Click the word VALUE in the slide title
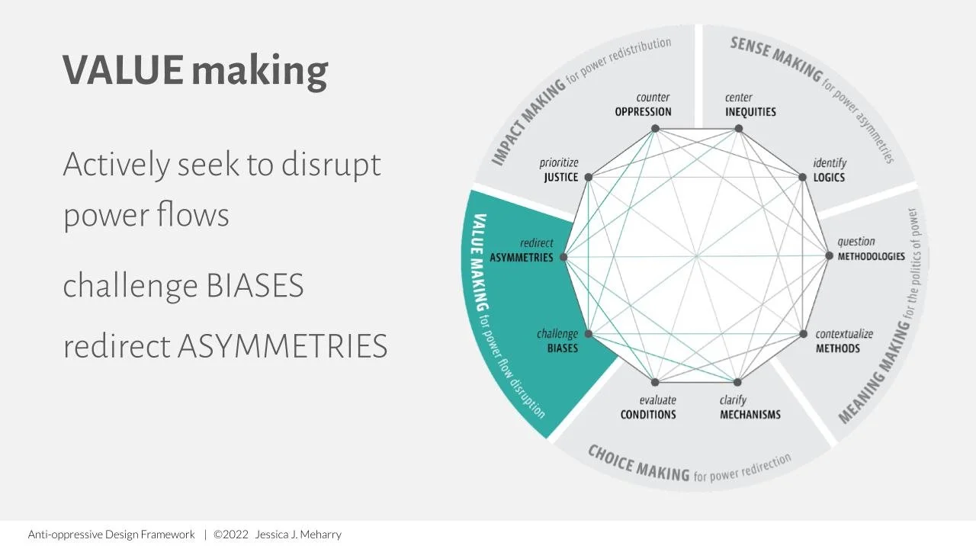tap(123, 69)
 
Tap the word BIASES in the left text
tap(255, 286)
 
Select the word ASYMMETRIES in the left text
tap(282, 346)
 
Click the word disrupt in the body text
tap(331, 164)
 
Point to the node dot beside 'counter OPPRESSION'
tap(655, 129)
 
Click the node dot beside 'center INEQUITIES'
tap(738, 129)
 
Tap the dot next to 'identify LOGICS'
tap(803, 178)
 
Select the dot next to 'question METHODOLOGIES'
tap(830, 256)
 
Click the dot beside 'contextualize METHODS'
tap(803, 334)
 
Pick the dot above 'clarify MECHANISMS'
tap(738, 382)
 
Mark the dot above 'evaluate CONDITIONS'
tap(655, 382)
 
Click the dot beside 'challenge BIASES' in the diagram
tap(589, 334)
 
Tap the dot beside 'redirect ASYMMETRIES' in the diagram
tap(564, 258)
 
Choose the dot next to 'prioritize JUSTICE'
tap(588, 178)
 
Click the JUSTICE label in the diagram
tap(561, 178)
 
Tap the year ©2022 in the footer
tap(231, 535)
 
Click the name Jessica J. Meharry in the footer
tap(298, 535)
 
